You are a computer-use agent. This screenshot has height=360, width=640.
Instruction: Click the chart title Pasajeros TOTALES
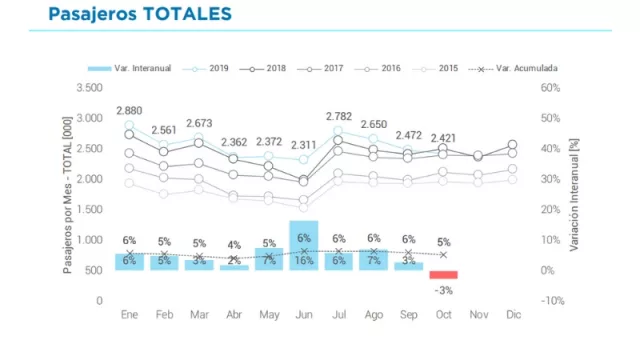pos(139,14)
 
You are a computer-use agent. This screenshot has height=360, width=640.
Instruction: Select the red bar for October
pos(443,275)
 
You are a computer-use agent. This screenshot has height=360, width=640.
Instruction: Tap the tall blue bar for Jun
pos(303,245)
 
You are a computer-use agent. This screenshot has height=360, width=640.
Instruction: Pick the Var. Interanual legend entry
pos(130,68)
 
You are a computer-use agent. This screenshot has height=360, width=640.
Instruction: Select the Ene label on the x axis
pos(129,315)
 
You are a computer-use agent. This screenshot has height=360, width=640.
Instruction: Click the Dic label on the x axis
pos(513,315)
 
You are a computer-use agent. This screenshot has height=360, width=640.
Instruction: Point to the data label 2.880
pos(129,109)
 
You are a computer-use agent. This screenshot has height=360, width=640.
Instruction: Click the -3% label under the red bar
pos(443,290)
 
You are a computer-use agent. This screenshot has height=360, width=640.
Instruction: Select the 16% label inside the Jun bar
pos(303,261)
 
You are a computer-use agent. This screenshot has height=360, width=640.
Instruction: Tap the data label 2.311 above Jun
pos(303,144)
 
